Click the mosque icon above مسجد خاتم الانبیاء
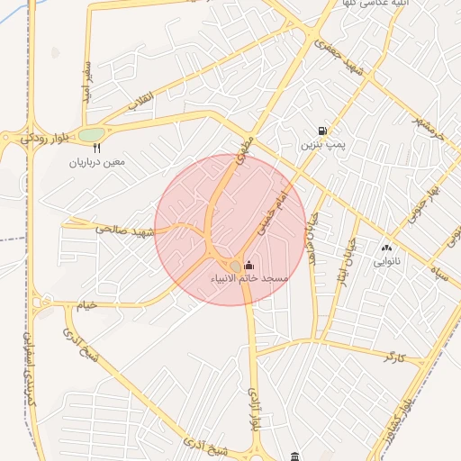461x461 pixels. (x=249, y=266)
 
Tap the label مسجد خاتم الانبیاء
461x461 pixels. (x=249, y=279)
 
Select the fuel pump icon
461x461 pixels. (x=322, y=131)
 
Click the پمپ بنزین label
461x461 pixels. (x=322, y=144)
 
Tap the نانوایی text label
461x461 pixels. (x=387, y=261)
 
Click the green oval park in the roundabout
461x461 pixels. (x=91, y=135)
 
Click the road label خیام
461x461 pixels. (x=85, y=307)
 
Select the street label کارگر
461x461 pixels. (x=394, y=357)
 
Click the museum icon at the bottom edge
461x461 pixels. (x=295, y=456)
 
